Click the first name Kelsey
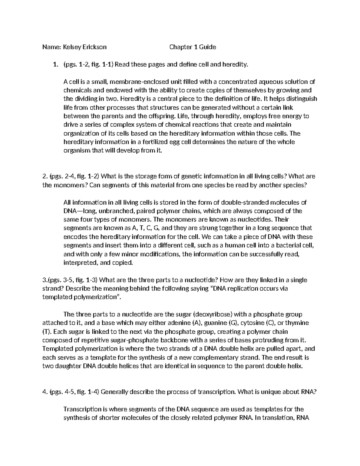pyautogui.click(x=72, y=47)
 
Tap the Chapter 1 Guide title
pyautogui.click(x=193, y=47)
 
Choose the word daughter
pyautogui.click(x=68, y=366)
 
